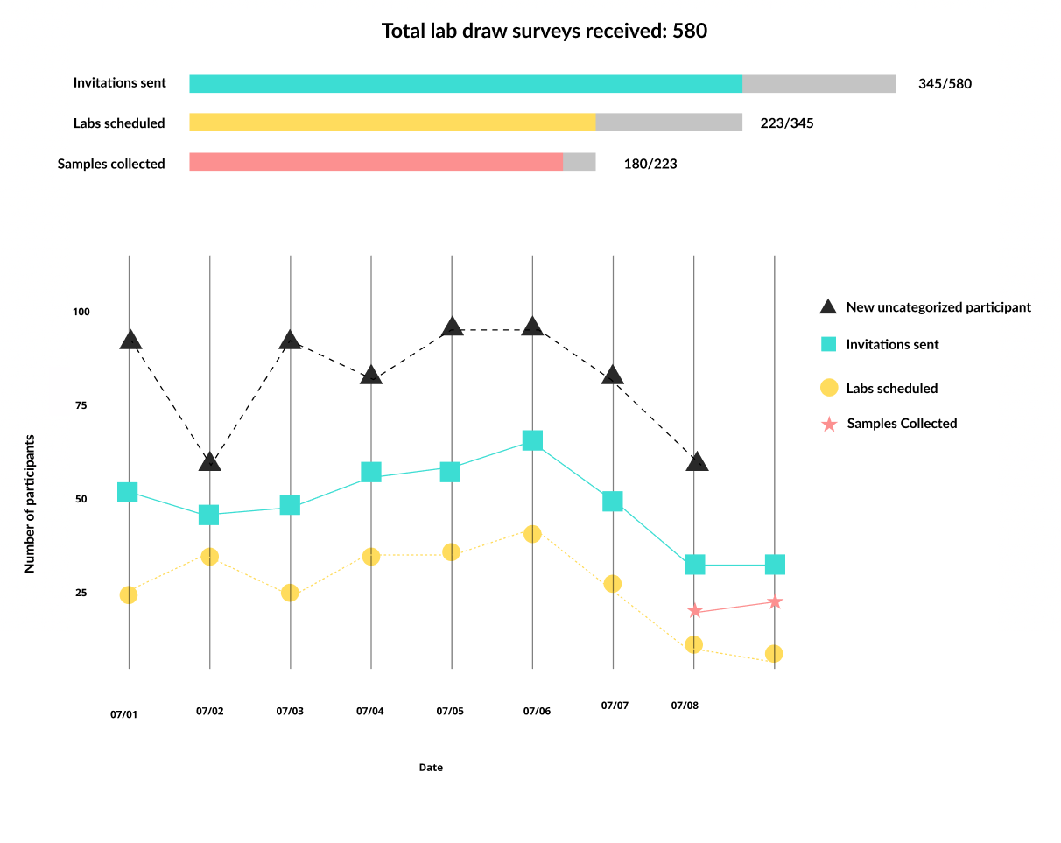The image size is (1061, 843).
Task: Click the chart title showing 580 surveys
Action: (x=544, y=32)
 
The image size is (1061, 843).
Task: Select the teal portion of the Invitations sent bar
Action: (x=465, y=84)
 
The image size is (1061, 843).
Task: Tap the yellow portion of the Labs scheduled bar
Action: (x=392, y=123)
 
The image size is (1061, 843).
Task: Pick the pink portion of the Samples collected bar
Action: (x=376, y=162)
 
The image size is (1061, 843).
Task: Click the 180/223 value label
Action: (x=650, y=164)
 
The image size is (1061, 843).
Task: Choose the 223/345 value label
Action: (x=786, y=123)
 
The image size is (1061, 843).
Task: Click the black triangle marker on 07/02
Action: (x=210, y=461)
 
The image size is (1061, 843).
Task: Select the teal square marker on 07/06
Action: (x=532, y=440)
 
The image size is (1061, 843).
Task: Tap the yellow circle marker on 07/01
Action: (x=129, y=594)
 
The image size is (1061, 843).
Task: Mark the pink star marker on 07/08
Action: (x=695, y=611)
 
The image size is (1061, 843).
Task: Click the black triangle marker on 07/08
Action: (x=697, y=461)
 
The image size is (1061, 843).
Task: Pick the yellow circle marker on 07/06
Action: (x=532, y=534)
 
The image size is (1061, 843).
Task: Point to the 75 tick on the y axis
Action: (x=81, y=405)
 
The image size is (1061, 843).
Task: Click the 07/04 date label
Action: (x=369, y=712)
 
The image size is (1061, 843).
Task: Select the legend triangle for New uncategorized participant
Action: (x=828, y=306)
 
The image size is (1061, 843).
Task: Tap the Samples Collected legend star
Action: (x=828, y=425)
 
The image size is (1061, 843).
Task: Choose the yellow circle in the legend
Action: (x=829, y=388)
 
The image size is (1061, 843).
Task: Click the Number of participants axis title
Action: (x=30, y=503)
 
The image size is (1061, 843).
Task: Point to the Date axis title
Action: (x=431, y=768)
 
